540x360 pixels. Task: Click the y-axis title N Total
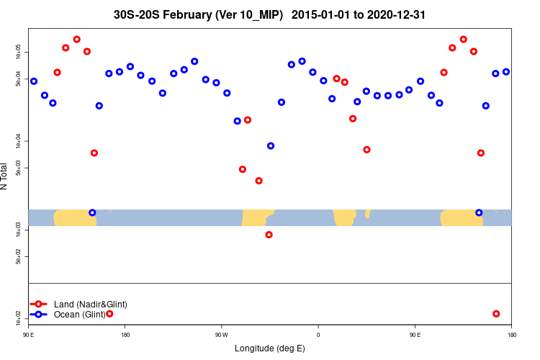pos(4,176)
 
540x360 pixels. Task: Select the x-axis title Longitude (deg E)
pos(270,348)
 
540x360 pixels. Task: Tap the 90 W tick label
pos(221,335)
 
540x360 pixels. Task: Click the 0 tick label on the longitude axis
pos(318,335)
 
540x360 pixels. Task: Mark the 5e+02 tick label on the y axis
pos(20,256)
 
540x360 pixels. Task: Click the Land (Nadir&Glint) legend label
pos(90,305)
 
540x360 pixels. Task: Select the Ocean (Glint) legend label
pos(79,315)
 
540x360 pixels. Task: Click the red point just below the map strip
pos(269,235)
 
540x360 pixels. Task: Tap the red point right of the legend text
pos(109,314)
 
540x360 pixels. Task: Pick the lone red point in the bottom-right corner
pos(496,314)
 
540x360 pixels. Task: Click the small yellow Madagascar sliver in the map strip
pos(367,213)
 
